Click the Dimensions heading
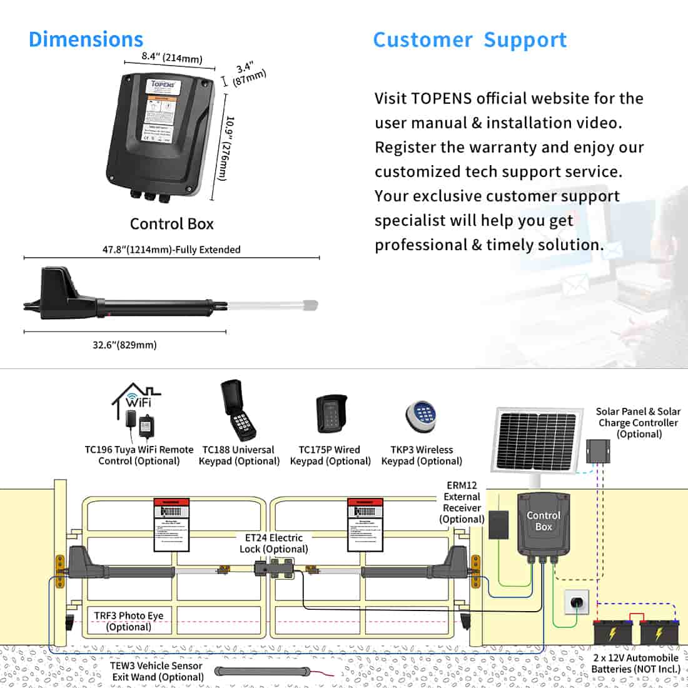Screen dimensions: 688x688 [x=86, y=39]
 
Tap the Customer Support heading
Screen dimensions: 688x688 [x=470, y=39]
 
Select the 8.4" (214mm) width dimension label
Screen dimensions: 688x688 [x=163, y=58]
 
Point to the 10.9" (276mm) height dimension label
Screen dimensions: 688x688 [x=226, y=148]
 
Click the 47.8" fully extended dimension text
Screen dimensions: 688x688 [x=171, y=250]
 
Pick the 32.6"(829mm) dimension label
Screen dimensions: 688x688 [x=124, y=345]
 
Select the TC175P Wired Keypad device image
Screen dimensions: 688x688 [x=330, y=413]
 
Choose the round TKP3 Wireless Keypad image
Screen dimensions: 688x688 [x=421, y=416]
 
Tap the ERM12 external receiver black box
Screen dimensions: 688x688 [x=498, y=523]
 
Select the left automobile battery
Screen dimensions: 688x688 [x=613, y=632]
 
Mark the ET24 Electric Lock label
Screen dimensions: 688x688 [x=273, y=543]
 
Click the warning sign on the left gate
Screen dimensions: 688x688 [x=171, y=525]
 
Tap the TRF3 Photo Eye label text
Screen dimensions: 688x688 [x=128, y=621]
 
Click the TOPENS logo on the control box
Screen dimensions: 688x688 [x=164, y=84]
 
